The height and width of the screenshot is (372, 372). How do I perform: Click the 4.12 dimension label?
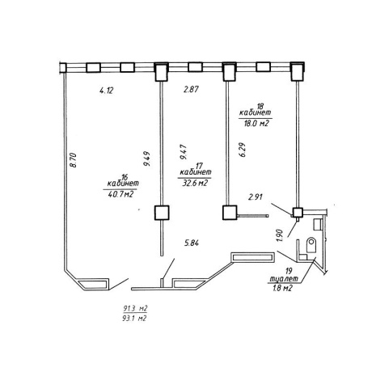(107, 91)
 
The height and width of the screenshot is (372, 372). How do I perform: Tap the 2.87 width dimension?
(191, 89)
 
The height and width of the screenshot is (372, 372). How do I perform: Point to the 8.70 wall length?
(74, 160)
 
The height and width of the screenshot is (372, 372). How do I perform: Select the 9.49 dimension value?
(147, 159)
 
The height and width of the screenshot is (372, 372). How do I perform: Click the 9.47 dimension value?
(184, 152)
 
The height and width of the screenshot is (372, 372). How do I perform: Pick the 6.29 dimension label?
(243, 150)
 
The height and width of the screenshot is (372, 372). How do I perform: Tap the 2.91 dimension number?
(255, 197)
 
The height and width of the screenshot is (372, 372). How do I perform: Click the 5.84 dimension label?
(192, 243)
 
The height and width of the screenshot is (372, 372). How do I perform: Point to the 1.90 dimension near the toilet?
(280, 235)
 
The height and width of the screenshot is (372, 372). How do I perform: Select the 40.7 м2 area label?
(120, 194)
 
